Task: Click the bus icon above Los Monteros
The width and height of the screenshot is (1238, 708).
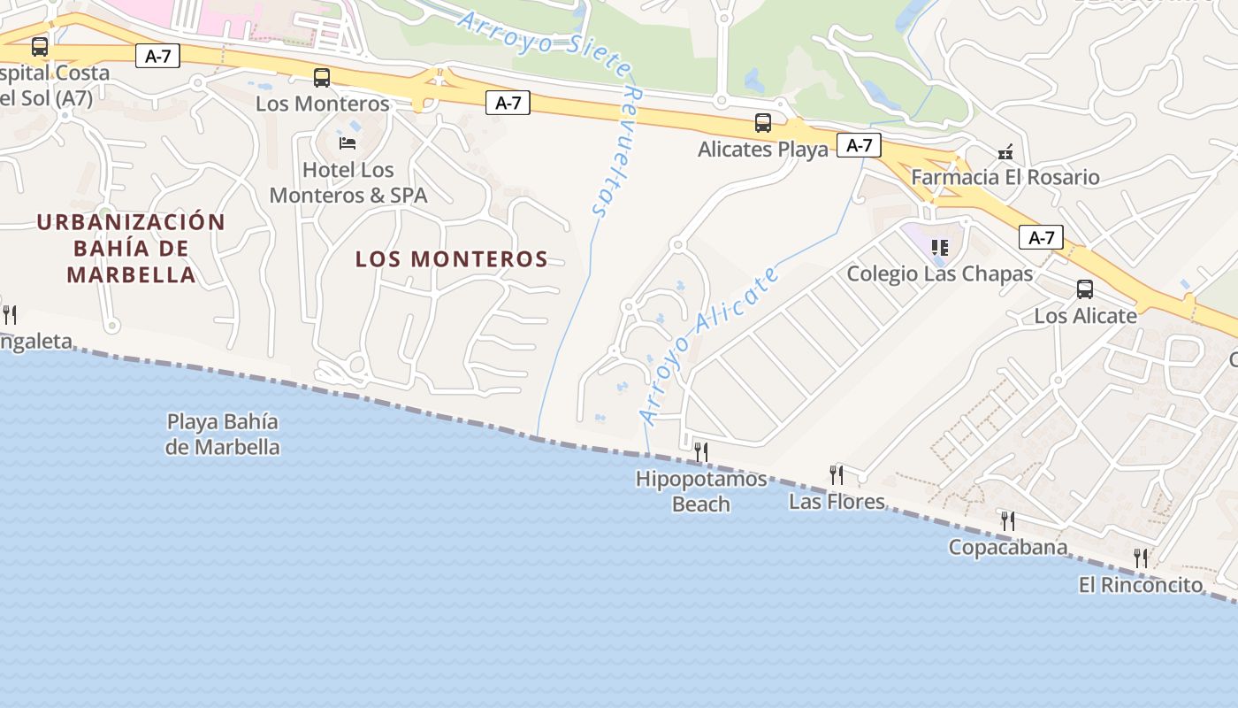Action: (322, 78)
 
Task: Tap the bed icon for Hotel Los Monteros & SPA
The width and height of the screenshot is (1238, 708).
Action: (348, 142)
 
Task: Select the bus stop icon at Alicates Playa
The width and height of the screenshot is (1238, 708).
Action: (763, 123)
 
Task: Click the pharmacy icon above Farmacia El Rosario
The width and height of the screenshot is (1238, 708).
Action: (1005, 152)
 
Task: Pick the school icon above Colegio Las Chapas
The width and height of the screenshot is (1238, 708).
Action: (940, 247)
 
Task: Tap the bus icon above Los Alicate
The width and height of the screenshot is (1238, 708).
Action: (1085, 289)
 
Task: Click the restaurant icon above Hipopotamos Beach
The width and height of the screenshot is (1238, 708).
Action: (701, 452)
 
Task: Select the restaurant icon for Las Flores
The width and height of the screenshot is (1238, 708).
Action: (837, 475)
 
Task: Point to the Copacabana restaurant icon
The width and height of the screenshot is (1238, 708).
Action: (1008, 520)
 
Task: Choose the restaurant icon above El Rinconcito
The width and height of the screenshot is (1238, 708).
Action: (1141, 558)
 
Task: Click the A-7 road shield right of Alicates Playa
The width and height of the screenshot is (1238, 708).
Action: (860, 145)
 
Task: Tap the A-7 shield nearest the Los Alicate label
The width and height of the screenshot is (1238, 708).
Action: (1041, 237)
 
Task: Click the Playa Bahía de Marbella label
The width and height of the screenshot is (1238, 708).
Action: (223, 434)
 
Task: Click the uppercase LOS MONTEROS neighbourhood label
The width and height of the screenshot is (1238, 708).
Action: (452, 259)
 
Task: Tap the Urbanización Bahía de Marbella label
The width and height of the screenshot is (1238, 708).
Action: (132, 248)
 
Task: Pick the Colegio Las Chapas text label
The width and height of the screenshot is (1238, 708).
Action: (940, 273)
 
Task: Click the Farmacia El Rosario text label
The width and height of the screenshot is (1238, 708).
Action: (1005, 177)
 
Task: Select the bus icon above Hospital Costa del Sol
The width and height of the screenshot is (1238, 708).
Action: (40, 47)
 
